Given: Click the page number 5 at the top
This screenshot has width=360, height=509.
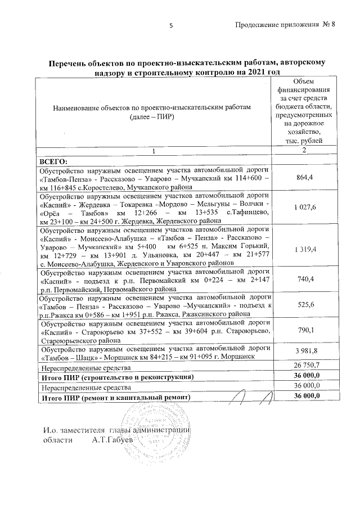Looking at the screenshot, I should pyautogui.click(x=170, y=25).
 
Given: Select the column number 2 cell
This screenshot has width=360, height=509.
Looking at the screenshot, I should pyautogui.click(x=303, y=151).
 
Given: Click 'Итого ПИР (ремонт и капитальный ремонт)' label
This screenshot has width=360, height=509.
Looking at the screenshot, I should pyautogui.click(x=115, y=397).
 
